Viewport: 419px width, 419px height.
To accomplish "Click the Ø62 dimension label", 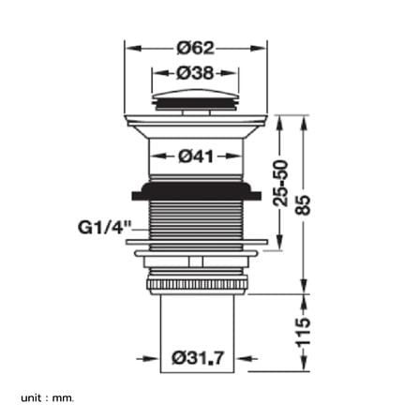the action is click(196, 48).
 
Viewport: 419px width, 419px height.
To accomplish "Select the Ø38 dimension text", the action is click(195, 73).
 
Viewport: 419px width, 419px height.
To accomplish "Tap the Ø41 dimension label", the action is click(196, 157).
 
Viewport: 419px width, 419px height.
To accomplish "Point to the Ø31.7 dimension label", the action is click(198, 358).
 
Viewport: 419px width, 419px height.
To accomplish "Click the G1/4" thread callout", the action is click(104, 227).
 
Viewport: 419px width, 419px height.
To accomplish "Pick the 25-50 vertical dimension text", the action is click(280, 183).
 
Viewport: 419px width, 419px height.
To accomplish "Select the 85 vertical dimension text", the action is click(304, 204).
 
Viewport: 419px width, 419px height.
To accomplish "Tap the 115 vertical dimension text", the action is click(304, 333).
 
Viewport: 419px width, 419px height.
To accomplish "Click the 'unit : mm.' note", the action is click(48, 398).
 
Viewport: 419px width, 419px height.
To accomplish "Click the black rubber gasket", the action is click(197, 191).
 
